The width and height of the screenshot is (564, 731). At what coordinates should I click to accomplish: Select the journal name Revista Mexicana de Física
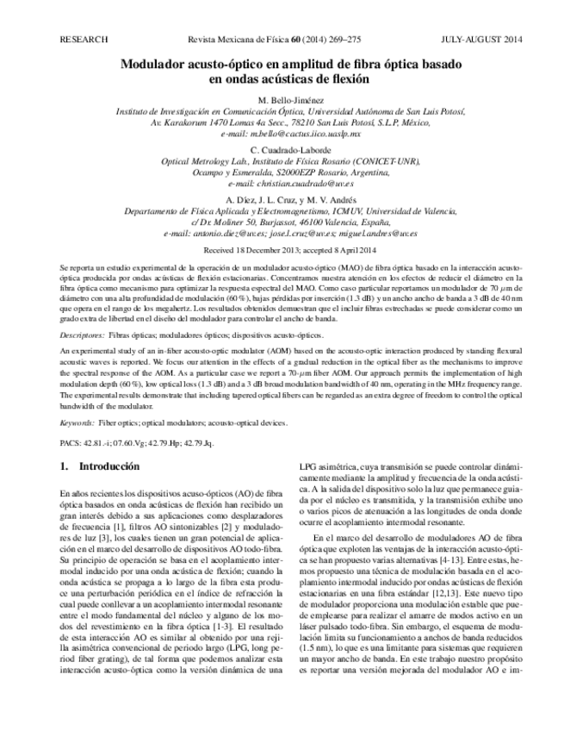238,40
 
